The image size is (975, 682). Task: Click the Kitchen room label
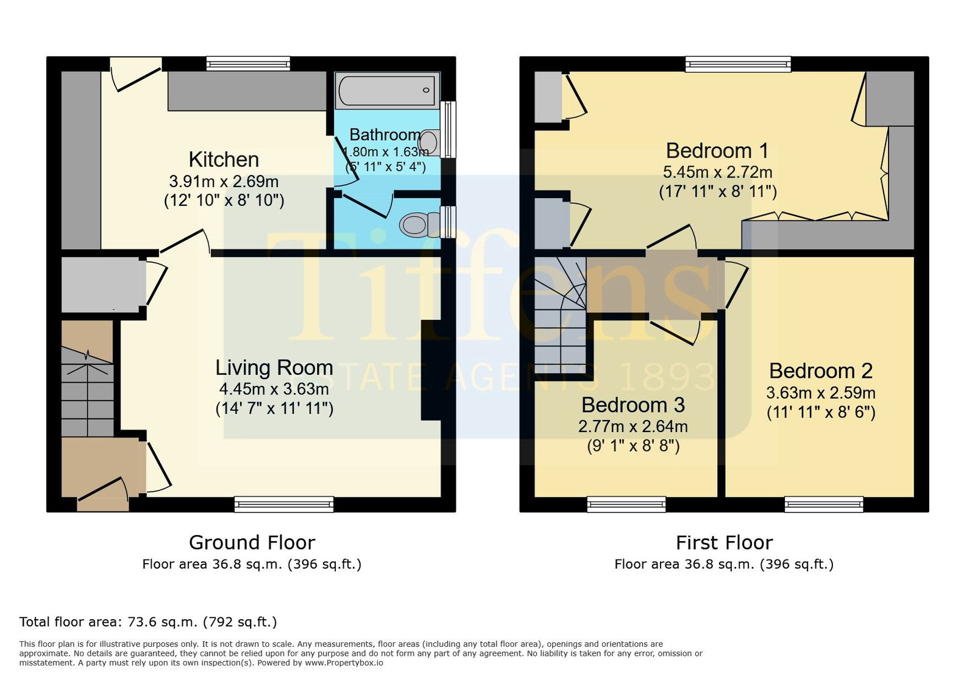click(x=224, y=160)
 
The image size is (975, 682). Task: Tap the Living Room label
click(x=274, y=368)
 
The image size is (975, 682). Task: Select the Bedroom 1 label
click(x=717, y=151)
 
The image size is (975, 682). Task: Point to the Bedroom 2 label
click(x=821, y=371)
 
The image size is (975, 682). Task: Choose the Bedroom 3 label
click(x=633, y=405)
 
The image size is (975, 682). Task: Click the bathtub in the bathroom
click(x=386, y=90)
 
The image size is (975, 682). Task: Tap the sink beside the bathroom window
click(x=430, y=141)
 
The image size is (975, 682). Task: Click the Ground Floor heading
click(x=252, y=542)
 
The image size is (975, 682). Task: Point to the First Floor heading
click(x=725, y=542)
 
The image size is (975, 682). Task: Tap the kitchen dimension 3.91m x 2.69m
click(x=224, y=181)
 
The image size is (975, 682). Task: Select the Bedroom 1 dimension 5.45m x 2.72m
click(x=717, y=172)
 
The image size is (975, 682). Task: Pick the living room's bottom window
click(x=284, y=504)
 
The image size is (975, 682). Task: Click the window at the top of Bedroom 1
click(x=738, y=65)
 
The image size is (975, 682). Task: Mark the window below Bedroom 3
click(x=626, y=504)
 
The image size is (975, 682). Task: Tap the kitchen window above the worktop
click(x=248, y=63)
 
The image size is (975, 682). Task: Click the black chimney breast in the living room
click(x=431, y=371)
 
